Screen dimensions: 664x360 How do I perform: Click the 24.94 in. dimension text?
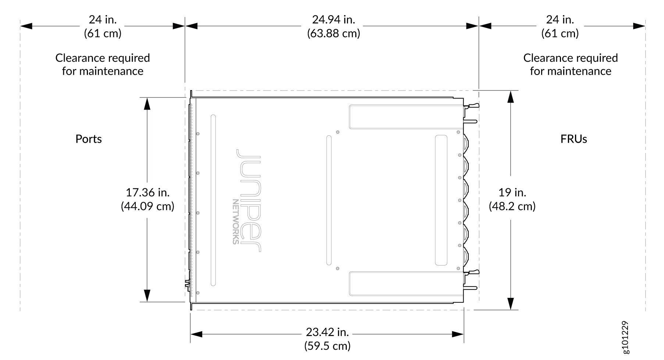tap(333, 19)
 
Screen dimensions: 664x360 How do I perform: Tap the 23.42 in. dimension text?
tap(327, 332)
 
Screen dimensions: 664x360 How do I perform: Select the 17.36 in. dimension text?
tap(148, 192)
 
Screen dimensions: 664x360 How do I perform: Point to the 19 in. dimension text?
tap(512, 192)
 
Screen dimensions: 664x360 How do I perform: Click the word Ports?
tap(89, 139)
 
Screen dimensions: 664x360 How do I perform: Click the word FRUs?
tap(574, 139)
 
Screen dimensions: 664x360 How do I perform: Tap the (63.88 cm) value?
tap(333, 33)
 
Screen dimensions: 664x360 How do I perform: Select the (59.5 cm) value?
tap(327, 346)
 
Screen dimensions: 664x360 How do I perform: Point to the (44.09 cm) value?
tap(148, 206)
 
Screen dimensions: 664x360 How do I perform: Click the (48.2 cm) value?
tap(512, 206)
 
